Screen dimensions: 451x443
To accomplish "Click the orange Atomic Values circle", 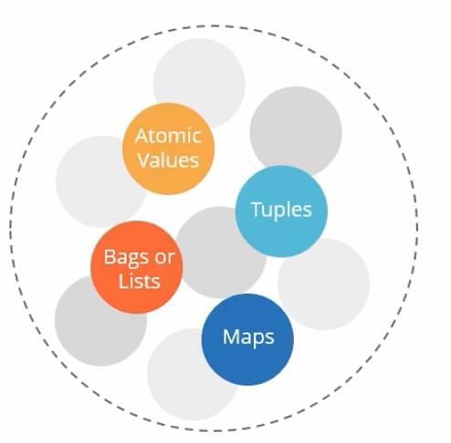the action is coord(168,149).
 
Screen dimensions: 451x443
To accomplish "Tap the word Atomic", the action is coord(168,136).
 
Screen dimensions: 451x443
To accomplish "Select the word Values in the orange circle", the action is coord(168,160).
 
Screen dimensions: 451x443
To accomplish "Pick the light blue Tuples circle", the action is coord(281,211).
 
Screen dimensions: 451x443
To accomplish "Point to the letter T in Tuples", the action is coord(257,210).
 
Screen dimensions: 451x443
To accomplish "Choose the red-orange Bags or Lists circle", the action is coord(137,267).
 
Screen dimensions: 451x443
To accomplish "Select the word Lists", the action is coord(139,281).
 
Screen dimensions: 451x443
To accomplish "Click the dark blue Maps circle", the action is coord(247,339).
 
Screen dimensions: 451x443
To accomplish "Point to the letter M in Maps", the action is coord(231,336).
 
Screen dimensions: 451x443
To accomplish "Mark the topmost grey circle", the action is coord(199,84).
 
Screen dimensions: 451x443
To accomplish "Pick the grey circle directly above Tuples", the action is coord(296,131).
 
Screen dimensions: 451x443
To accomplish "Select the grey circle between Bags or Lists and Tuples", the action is coord(220,252).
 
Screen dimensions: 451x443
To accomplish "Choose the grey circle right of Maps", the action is coord(324,284).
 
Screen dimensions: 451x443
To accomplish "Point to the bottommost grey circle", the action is coord(193,375).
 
